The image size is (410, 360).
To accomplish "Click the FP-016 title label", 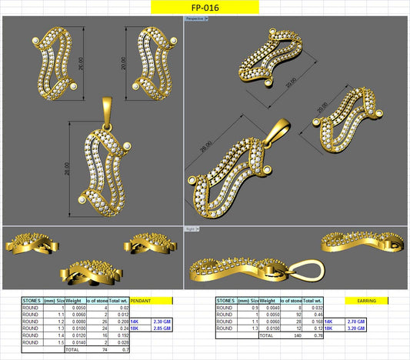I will (x=204, y=7).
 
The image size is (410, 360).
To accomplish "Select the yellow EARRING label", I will (x=361, y=301).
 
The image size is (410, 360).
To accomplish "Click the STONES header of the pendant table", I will (x=32, y=301).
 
